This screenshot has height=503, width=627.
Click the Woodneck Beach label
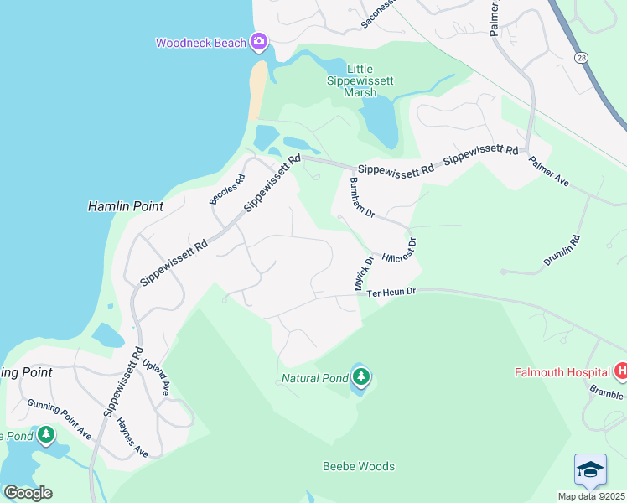[201, 43]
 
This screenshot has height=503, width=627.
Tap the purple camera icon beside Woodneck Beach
[259, 41]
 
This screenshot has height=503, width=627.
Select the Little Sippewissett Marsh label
[360, 81]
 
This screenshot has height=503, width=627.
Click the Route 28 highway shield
[580, 57]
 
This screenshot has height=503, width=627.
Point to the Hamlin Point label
[125, 205]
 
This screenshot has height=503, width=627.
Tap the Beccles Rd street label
[227, 189]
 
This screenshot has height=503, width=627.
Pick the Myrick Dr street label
[362, 274]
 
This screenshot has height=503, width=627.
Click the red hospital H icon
[621, 370]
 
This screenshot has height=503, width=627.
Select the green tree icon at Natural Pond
[360, 378]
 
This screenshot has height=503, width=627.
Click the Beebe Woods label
[359, 466]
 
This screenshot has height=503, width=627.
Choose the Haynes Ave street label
[132, 438]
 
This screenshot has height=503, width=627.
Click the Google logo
[28, 492]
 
